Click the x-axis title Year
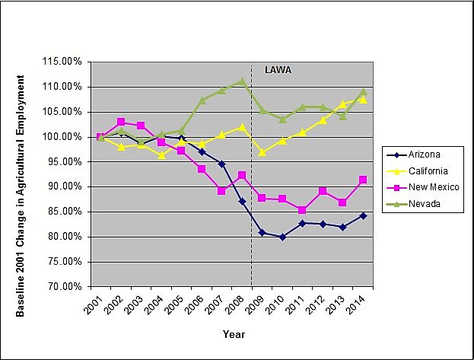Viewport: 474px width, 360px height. pos(234,334)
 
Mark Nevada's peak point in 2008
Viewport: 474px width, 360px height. pos(242,81)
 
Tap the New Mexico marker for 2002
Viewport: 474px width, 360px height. pos(121,122)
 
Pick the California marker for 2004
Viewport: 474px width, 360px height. pos(161,155)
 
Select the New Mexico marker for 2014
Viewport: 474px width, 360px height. pos(363,180)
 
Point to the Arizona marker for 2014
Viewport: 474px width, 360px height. pos(363,215)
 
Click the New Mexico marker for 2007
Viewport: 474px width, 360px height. pos(221,190)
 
